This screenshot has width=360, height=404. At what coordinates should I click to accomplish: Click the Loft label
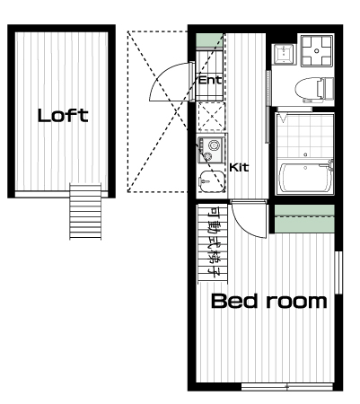[63, 116]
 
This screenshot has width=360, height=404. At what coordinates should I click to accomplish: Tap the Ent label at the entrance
[210, 80]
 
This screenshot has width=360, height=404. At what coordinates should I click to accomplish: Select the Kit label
[239, 168]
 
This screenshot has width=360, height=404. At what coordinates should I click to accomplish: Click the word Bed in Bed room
[234, 301]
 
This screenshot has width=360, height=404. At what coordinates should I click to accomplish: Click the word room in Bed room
[296, 302]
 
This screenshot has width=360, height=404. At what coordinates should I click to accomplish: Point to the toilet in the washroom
[314, 89]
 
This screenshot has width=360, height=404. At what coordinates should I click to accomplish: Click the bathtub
[305, 178]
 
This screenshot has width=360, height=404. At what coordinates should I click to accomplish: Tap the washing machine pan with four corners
[317, 50]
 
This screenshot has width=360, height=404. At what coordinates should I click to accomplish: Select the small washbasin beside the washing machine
[283, 54]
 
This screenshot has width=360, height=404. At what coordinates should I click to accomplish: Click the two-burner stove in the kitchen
[211, 150]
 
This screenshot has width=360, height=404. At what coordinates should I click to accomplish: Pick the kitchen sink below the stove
[211, 180]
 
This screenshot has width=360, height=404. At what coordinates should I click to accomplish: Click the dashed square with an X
[211, 117]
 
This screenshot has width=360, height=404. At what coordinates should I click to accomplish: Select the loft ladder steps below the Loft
[85, 211]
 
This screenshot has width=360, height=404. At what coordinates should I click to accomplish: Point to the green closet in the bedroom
[304, 219]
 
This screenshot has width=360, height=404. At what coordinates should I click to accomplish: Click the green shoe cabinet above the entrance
[209, 40]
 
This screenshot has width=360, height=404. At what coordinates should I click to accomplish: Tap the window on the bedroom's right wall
[338, 272]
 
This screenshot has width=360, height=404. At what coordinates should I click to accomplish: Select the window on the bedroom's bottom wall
[287, 387]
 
